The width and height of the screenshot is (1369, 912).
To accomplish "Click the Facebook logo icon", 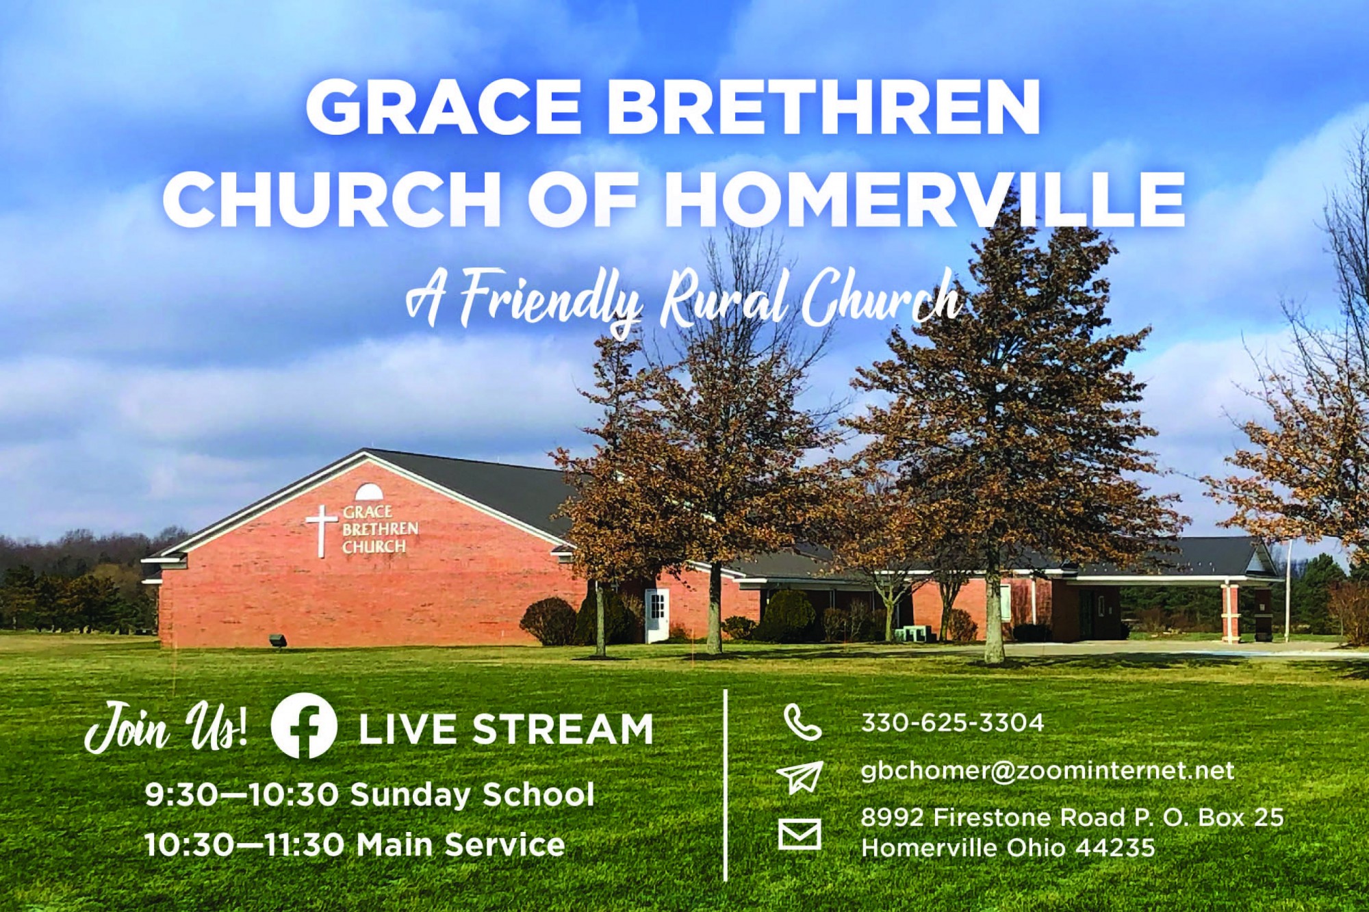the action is tap(303, 726).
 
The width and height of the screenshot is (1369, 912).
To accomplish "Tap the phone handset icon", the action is tap(802, 723).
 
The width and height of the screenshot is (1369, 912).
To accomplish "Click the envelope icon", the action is tap(799, 834).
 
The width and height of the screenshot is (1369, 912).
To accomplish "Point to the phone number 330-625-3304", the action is tap(952, 722).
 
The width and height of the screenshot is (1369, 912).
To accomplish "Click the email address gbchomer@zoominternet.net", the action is tap(1047, 771).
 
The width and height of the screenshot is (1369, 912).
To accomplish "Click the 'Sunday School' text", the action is tap(472, 794).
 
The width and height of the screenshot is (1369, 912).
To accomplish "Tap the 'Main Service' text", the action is tap(461, 844).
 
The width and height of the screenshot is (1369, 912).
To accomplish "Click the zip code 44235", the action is tap(1114, 848).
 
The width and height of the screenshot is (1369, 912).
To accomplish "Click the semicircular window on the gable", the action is tap(369, 493).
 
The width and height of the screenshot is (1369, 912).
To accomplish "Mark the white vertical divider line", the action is tap(725, 785).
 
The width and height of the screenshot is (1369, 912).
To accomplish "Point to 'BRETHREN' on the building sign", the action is tap(380, 529).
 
